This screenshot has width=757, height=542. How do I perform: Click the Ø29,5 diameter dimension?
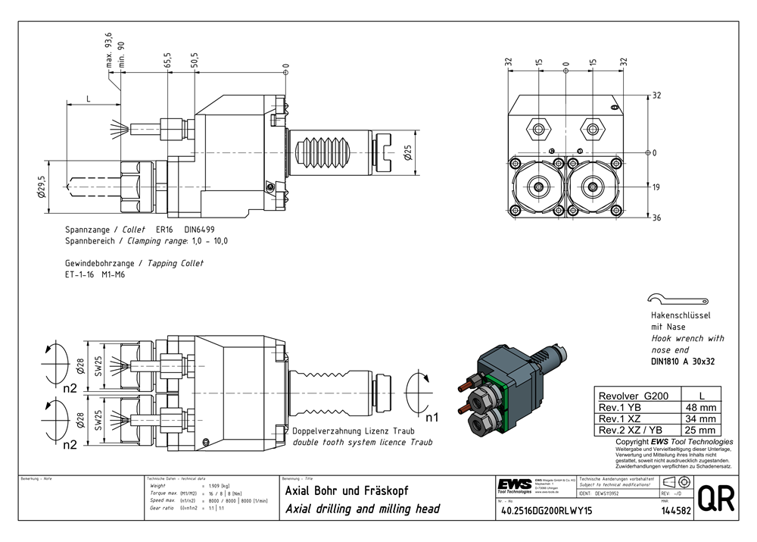[x=43, y=186]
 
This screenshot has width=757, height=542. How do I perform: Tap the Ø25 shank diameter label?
[x=407, y=153]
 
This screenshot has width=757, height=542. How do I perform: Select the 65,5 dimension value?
[x=167, y=61]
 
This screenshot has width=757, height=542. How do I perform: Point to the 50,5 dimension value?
[x=194, y=61]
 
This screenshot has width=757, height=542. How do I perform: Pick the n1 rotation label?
[x=431, y=417]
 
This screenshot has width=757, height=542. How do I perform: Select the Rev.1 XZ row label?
[x=620, y=418]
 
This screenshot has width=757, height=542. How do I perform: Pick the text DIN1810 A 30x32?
[x=683, y=362]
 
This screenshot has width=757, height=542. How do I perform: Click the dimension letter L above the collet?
[x=89, y=99]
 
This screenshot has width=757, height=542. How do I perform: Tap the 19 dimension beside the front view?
[x=656, y=186]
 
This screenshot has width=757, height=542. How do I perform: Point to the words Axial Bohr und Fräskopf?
[x=347, y=490]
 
